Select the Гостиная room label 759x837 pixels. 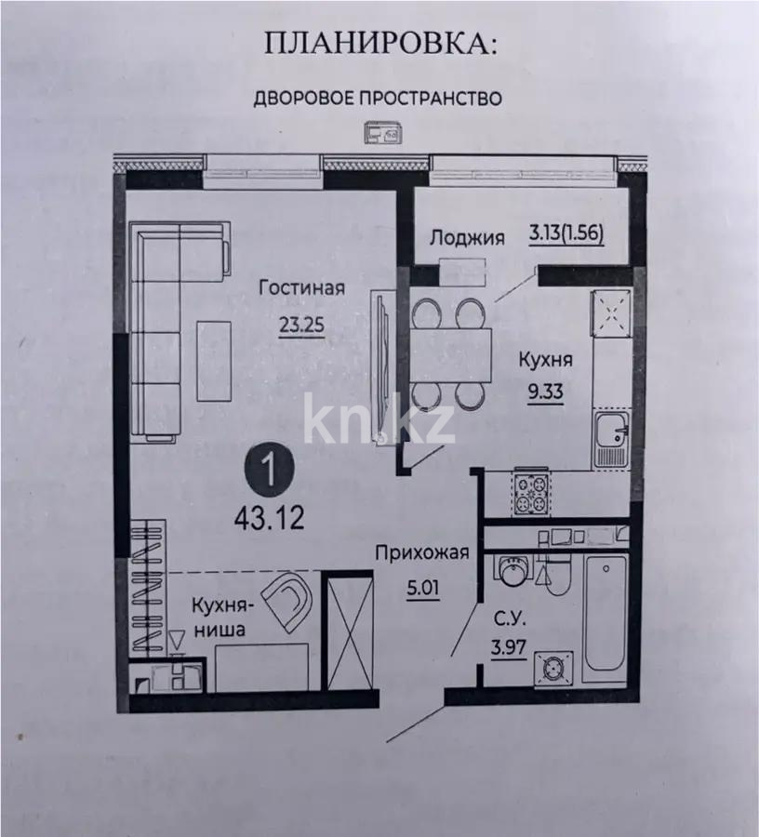tap(302, 287)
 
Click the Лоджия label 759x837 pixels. tap(466, 237)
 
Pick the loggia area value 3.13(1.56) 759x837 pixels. tap(566, 235)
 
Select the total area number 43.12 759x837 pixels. tap(269, 519)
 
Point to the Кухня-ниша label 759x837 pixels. tap(219, 618)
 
